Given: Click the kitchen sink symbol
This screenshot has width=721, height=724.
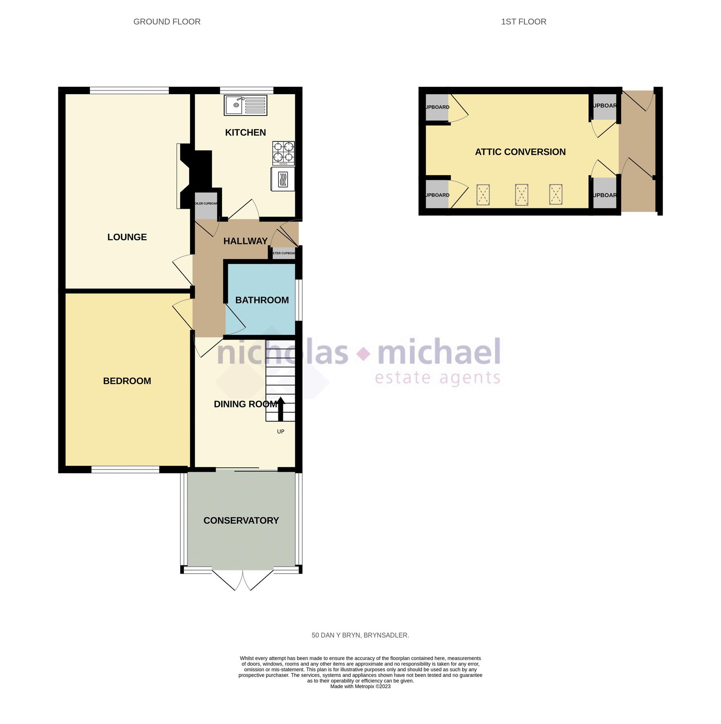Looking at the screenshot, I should coord(245,105).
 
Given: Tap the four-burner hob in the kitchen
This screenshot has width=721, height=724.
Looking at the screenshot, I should coord(283,153).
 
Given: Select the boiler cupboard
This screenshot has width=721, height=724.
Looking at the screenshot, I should coord(206,205).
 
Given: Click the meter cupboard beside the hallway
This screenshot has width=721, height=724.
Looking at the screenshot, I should coord(284,253).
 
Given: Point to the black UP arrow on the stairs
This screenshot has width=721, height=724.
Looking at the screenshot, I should coord(280,408).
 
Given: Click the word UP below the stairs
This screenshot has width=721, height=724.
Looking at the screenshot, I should coord(280,432).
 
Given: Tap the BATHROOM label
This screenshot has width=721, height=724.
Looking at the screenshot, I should coord(262,300).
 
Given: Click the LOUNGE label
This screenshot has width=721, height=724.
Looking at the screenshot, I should coord(127,237).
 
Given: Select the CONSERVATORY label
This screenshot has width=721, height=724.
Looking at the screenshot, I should coord(241,520).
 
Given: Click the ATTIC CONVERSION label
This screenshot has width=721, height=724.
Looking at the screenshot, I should coord(520,152).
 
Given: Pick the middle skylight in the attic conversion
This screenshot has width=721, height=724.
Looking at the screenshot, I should coord(521,195).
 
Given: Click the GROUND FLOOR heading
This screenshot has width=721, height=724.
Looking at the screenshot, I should coord(167,22).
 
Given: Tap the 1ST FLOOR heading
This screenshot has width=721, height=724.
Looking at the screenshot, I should coord(523,22).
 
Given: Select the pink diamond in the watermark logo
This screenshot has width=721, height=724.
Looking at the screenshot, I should coord(364,354).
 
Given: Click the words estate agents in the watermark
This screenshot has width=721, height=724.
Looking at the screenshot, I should coord(437,378).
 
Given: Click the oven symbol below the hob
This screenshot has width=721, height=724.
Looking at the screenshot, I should coord(283,179).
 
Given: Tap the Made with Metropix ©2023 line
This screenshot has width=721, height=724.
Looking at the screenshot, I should coord(360,686).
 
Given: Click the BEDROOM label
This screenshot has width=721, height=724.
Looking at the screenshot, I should coord(127,381).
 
